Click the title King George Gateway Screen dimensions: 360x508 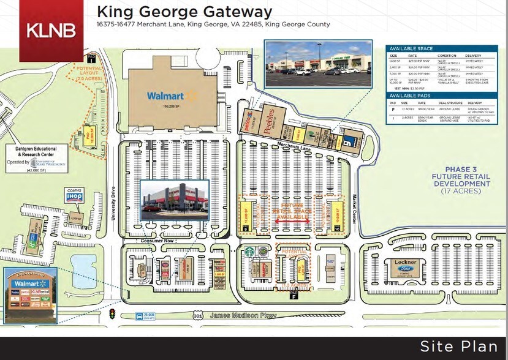click(184, 12)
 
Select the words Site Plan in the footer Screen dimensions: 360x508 click(458, 347)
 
